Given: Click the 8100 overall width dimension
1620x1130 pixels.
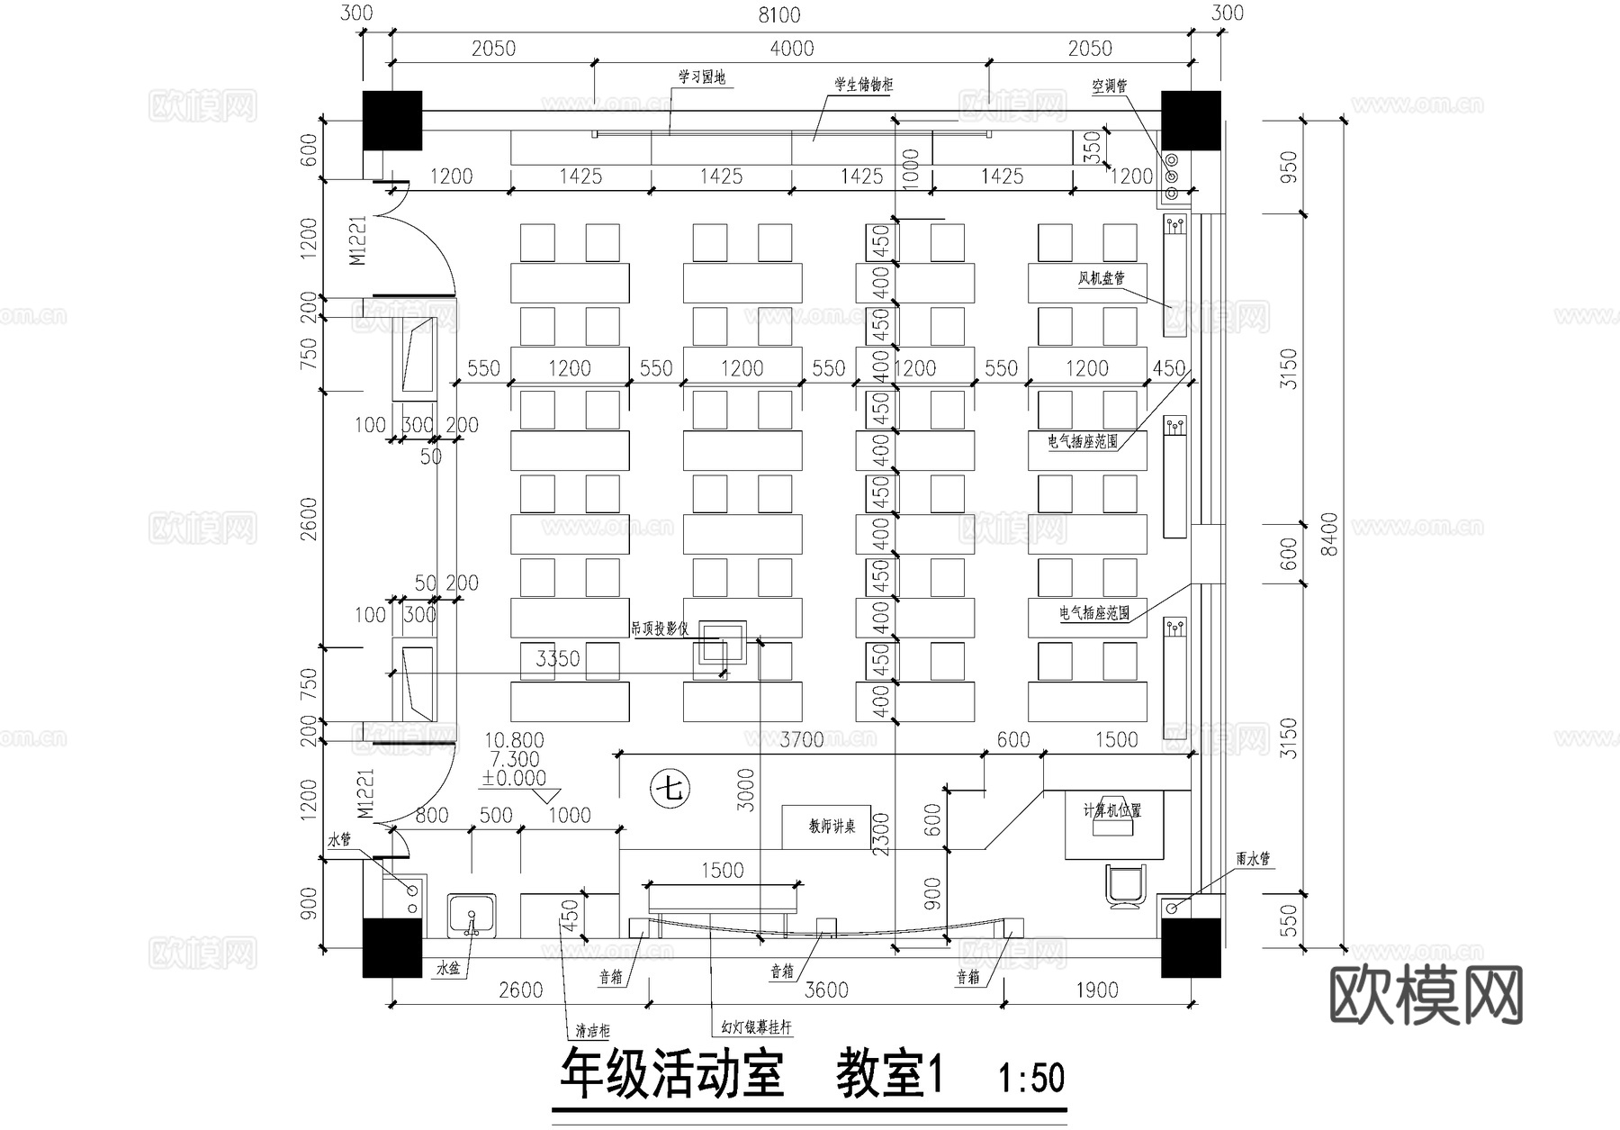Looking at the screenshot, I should point(778,14).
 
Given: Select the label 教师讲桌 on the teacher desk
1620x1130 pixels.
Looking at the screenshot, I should point(831,826).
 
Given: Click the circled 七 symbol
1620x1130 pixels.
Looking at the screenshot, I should point(670,790).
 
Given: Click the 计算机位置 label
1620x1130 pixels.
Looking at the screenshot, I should point(1111,810).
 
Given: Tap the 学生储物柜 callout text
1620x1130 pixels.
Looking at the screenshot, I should point(863,85).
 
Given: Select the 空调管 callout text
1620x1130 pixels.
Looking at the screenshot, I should point(1109,86).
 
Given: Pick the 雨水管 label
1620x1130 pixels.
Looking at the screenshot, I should point(1252,859).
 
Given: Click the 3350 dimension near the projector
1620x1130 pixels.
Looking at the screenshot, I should point(557,658).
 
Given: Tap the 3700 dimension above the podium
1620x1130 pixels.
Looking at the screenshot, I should point(801,739).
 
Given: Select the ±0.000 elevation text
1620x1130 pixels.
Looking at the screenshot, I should point(514,778).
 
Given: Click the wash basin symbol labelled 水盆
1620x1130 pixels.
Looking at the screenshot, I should point(471,916).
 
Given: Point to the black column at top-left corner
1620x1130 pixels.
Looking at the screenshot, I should point(392,120).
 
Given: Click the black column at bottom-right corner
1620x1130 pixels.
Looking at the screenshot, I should point(1191,947).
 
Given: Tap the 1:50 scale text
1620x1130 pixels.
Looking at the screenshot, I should point(1030,1078).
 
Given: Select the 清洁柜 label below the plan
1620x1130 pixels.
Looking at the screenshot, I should point(592,1031).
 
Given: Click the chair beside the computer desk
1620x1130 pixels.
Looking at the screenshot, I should point(1126,887).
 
